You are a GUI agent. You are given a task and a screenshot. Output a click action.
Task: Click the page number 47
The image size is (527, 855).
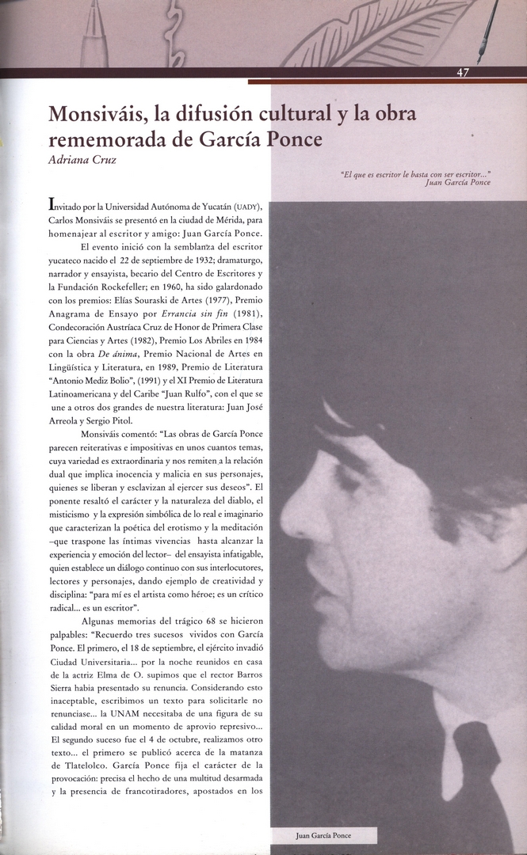click(x=464, y=72)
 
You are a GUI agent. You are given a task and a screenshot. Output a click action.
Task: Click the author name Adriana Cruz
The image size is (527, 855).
click(x=83, y=159)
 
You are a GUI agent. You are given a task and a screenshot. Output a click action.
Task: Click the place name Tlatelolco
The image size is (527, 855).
click(x=78, y=768)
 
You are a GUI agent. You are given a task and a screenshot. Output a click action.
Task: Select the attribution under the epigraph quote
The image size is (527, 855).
click(x=457, y=182)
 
